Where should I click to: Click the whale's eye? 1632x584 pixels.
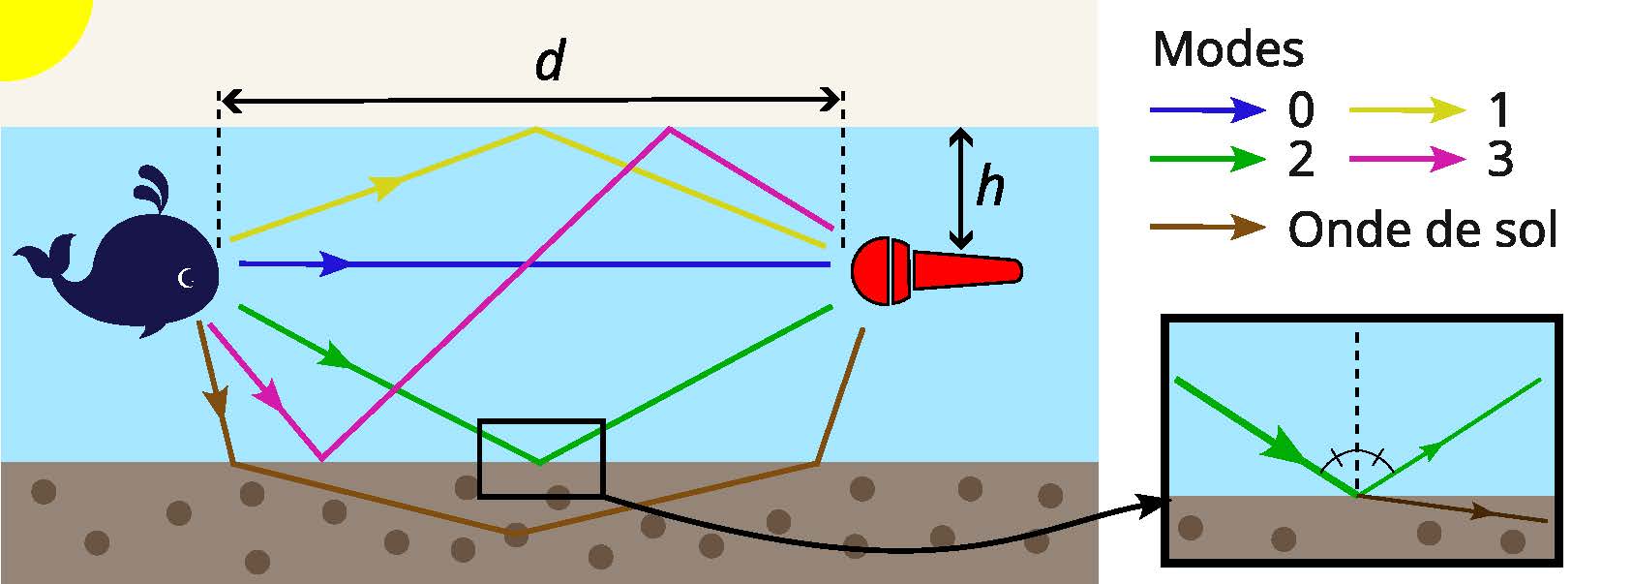click(x=187, y=279)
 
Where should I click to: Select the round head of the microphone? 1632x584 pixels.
click(x=881, y=271)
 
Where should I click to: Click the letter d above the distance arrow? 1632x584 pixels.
click(x=549, y=63)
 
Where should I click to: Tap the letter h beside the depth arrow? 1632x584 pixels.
click(x=989, y=185)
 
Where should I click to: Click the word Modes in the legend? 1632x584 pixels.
click(x=1227, y=48)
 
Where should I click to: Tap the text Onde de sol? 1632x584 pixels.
click(x=1422, y=231)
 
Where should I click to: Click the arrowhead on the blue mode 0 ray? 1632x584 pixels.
click(x=335, y=263)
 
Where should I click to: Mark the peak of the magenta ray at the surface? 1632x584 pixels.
click(x=668, y=128)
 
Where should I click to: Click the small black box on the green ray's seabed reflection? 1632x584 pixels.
click(x=541, y=458)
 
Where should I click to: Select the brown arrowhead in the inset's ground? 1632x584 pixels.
click(x=1481, y=510)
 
